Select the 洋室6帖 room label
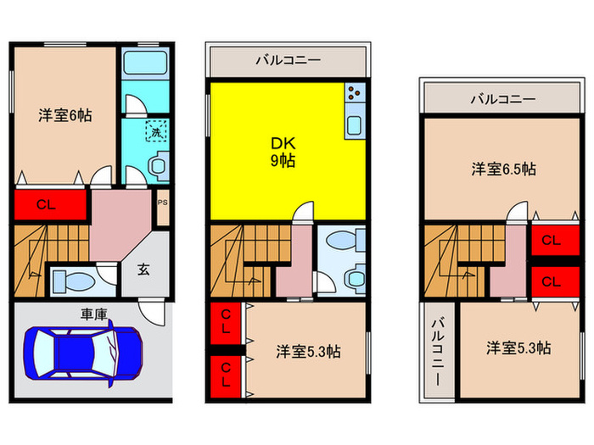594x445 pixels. tap(64, 116)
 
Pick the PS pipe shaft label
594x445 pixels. tap(163, 203)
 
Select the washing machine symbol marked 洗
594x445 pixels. tap(155, 131)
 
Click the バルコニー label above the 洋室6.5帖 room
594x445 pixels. tap(503, 99)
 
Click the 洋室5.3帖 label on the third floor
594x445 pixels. tap(518, 348)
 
